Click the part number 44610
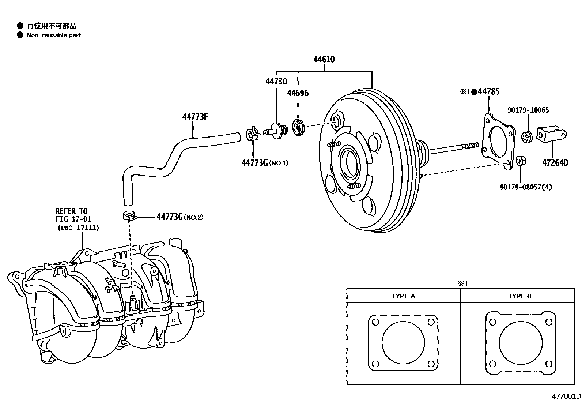tap(324, 59)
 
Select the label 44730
tap(276, 81)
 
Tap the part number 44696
tap(298, 93)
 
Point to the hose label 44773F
tap(195, 117)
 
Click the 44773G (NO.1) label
tap(265, 163)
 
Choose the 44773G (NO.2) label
tap(179, 217)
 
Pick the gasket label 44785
tap(488, 92)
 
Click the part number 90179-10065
tap(528, 110)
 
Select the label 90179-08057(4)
tap(526, 187)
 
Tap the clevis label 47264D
tap(555, 163)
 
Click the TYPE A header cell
tap(403, 296)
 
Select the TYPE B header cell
tap(519, 296)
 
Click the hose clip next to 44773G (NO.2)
tap(129, 216)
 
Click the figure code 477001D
tap(566, 396)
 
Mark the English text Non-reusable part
tap(54, 35)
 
